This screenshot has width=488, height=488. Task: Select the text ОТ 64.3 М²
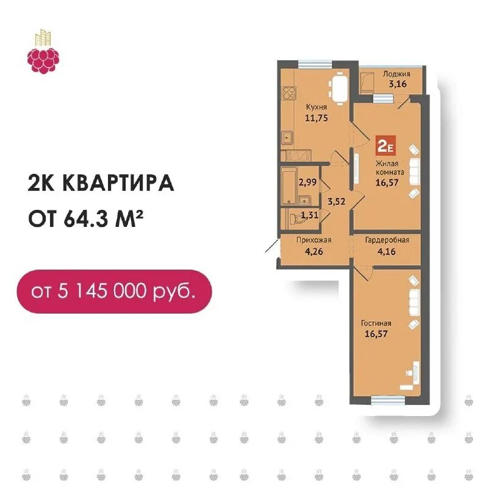click(89, 217)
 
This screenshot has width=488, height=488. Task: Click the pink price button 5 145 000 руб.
click(114, 291)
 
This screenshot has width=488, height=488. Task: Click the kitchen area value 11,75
click(317, 118)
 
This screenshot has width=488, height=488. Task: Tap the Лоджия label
click(396, 74)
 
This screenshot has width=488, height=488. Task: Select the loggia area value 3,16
click(396, 84)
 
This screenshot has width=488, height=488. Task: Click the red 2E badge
click(387, 146)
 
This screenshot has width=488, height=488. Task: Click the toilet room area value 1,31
click(310, 214)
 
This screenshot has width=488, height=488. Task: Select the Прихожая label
click(310, 240)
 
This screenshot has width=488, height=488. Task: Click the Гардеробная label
click(387, 240)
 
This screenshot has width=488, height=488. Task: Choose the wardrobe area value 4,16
click(387, 250)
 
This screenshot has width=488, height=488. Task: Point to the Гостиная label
click(376, 323)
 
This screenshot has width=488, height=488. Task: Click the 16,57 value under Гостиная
click(376, 334)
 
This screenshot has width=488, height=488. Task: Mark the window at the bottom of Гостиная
click(389, 400)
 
